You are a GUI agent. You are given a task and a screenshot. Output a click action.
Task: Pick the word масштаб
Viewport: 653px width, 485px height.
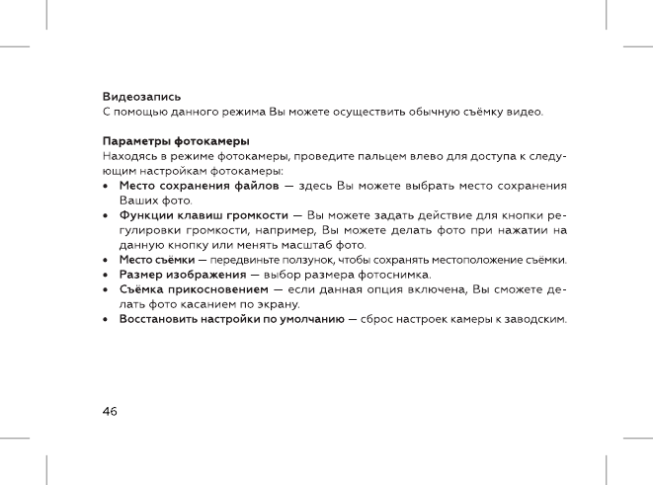pyautogui.click(x=307, y=244)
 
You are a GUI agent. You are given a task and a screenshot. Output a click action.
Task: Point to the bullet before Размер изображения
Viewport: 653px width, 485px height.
pyautogui.click(x=107, y=274)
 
